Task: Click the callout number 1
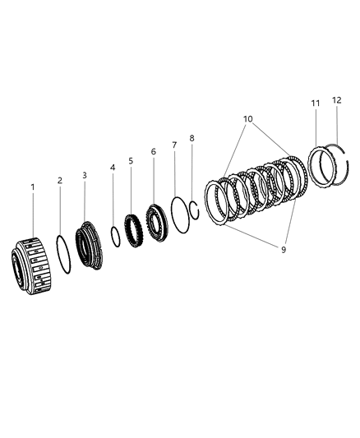click(x=33, y=187)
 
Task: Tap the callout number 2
click(x=60, y=181)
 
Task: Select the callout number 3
click(x=85, y=175)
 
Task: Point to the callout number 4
click(x=113, y=168)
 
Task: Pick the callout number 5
click(x=131, y=161)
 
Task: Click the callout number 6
click(x=154, y=152)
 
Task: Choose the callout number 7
click(x=174, y=145)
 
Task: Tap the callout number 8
click(x=192, y=138)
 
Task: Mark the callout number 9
click(x=284, y=250)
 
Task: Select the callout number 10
click(x=247, y=119)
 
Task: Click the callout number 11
click(x=316, y=104)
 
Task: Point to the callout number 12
click(x=337, y=100)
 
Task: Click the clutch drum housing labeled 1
click(x=31, y=266)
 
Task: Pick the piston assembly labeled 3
click(x=89, y=245)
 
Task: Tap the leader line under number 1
click(x=33, y=214)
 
